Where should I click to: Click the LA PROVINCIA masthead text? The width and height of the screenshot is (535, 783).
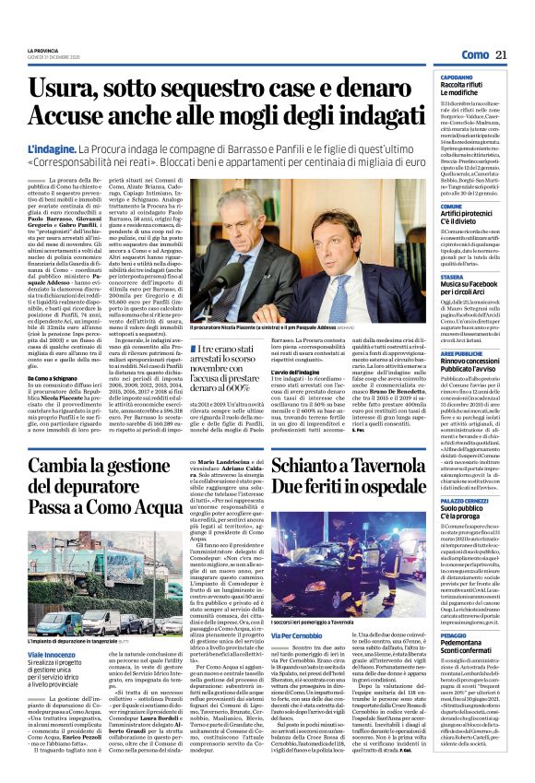pos(43,50)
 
